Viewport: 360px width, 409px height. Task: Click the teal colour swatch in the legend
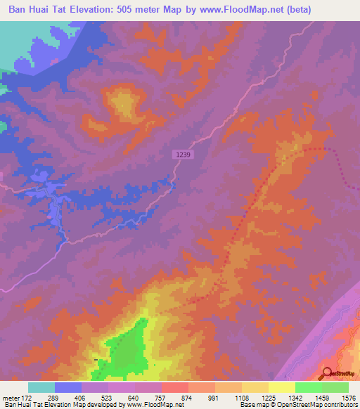coord(41,387)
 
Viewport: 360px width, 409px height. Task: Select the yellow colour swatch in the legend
coord(282,387)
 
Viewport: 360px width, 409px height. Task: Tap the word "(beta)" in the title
coord(297,10)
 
